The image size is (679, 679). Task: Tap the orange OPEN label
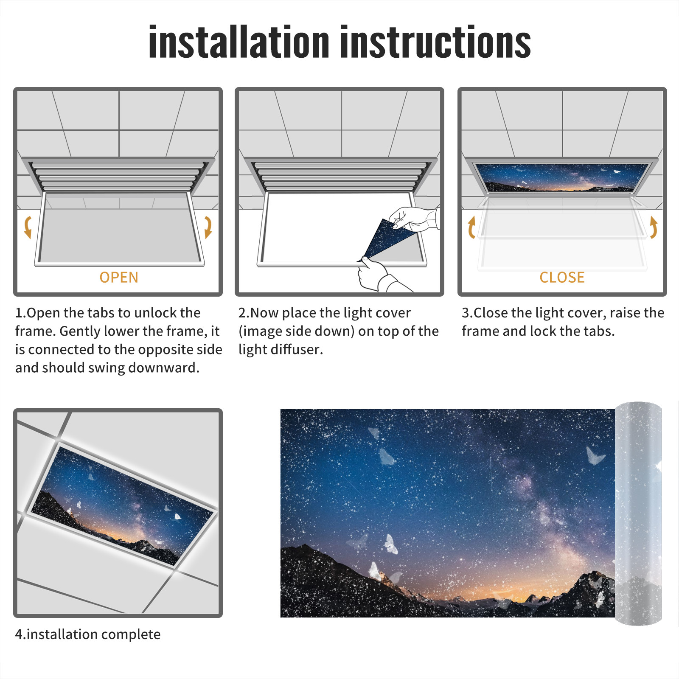coord(119,277)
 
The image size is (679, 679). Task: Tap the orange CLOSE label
coord(562,277)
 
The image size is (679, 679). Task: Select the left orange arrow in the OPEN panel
coord(28,227)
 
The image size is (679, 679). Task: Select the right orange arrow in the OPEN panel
coord(208,227)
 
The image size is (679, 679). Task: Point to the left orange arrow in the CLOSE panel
coord(471,227)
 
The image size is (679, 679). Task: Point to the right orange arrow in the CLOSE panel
coord(654,227)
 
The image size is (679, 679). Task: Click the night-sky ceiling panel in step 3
coord(562,177)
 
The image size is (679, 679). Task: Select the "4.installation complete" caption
coord(88,634)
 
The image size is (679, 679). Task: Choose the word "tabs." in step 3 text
coord(599,331)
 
